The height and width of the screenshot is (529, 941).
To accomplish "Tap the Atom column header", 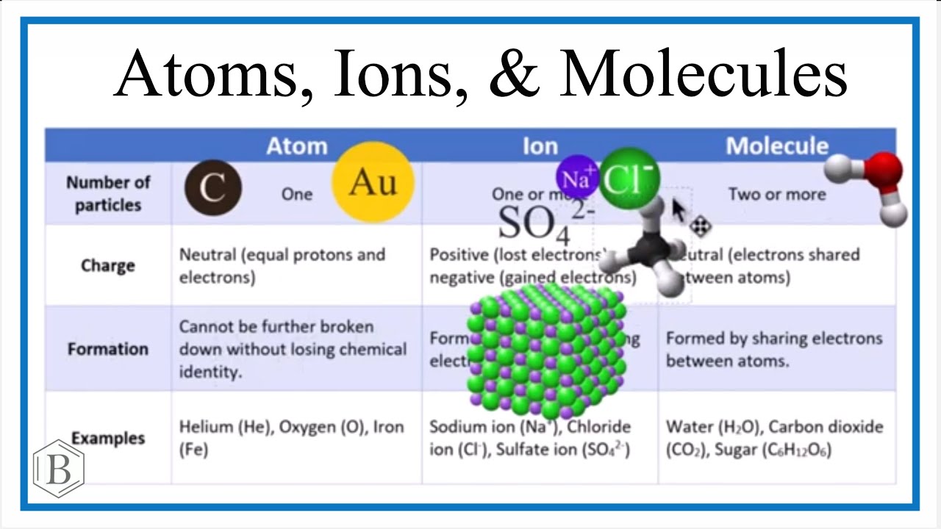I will click(296, 146).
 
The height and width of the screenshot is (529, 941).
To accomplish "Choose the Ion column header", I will click(540, 146).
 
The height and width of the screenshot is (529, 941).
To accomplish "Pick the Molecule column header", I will click(777, 146).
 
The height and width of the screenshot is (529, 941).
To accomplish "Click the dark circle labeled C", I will click(212, 189).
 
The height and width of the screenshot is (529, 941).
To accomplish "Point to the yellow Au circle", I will click(373, 182).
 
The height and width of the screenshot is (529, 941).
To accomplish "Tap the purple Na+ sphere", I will click(577, 177).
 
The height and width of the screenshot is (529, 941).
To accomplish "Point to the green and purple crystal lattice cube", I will click(545, 348).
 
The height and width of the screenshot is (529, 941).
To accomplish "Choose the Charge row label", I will click(107, 265).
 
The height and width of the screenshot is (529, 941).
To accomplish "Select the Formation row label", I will click(107, 349).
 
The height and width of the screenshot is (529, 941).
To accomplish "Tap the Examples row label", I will click(107, 438).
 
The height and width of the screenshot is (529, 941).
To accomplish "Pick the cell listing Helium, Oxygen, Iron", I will click(291, 438).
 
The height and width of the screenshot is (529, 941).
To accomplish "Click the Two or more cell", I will click(776, 194).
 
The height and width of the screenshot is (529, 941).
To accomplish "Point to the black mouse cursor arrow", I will click(679, 212).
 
